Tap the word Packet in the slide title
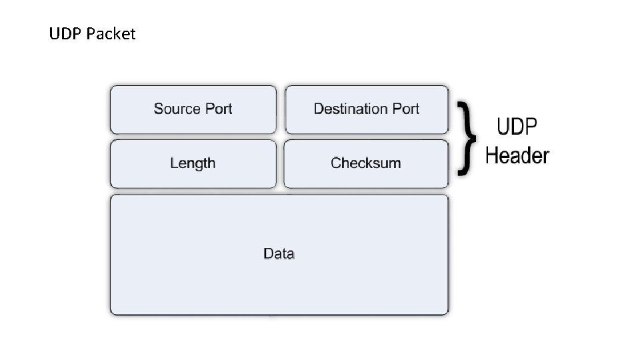coord(111,34)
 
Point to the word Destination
coord(350,109)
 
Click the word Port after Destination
coord(405,109)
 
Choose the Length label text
coord(193,163)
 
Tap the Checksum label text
coord(365,163)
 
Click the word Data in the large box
coord(279,253)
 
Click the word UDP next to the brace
coord(517,127)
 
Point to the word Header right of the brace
coord(517,155)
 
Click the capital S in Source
coord(158,109)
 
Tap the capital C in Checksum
coord(335,163)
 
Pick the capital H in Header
coord(492,155)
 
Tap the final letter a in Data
coord(291,254)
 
